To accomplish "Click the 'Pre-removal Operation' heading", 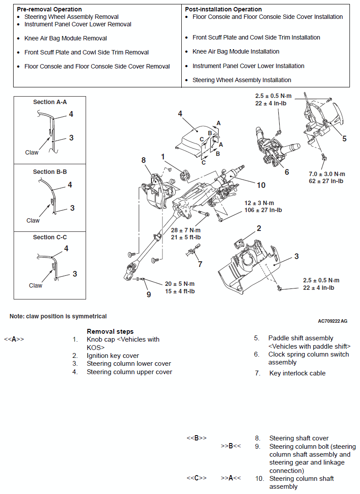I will tap(49, 9).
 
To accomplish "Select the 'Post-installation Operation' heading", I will tap(223, 9).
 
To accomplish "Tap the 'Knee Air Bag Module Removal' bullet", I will tap(65, 38).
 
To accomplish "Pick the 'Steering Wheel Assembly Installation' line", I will tap(241, 80).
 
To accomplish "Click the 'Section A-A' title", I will tap(50, 102).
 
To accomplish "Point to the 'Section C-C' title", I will tap(50, 237).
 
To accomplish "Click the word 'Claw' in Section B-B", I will tap(33, 220).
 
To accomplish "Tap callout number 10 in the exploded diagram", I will tap(261, 185).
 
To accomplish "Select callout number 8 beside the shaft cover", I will tap(144, 160).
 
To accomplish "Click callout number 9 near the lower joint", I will tap(148, 294).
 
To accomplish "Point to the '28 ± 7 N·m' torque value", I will tap(186, 230).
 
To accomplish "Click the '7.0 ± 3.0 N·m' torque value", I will tap(327, 174).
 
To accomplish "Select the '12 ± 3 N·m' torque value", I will tap(259, 203).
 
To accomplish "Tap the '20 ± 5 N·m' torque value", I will tap(180, 284).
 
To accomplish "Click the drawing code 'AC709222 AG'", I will tap(332, 321).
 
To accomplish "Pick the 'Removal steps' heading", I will tap(110, 332).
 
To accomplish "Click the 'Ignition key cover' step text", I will tap(113, 356).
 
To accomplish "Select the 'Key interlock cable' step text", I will tap(297, 373).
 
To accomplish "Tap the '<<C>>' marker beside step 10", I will tap(197, 478).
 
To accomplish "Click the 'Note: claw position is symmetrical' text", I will tap(58, 316).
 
